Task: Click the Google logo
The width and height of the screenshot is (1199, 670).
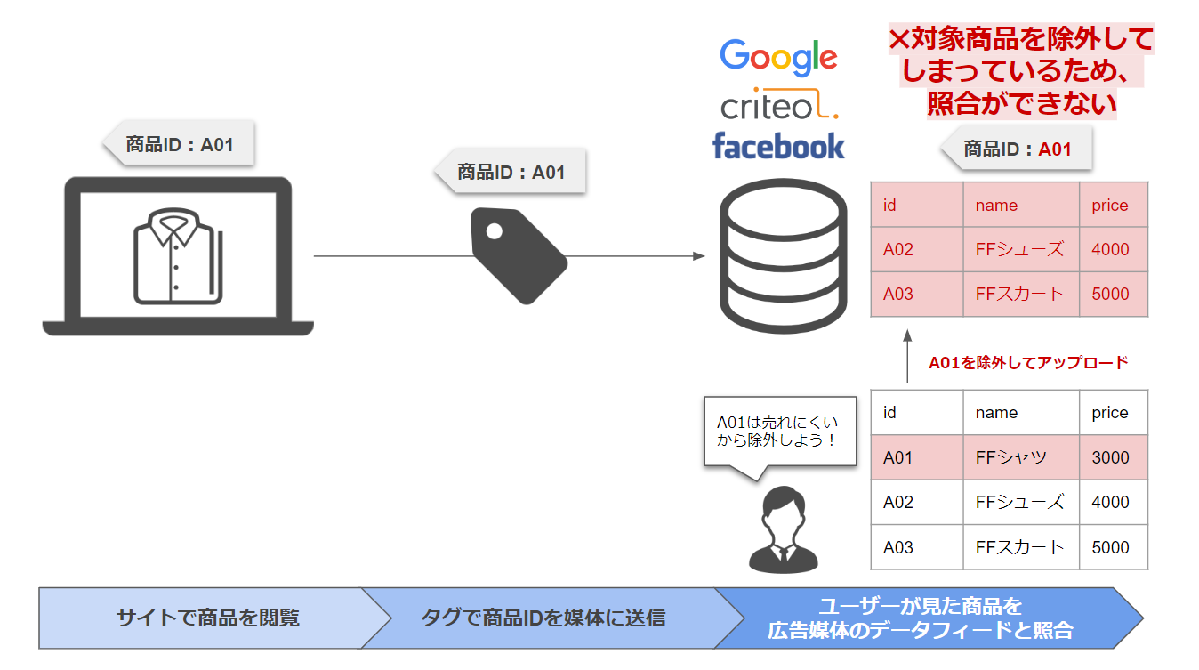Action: [778, 57]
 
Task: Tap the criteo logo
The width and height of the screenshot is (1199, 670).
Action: [779, 106]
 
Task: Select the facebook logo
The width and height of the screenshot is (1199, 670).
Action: [778, 145]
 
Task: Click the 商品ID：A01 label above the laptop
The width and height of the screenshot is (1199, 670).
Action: [180, 144]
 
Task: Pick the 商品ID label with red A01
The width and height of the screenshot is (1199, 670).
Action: [1018, 149]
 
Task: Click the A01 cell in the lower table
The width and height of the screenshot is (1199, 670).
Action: [916, 457]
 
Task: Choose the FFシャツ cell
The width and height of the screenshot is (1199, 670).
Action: [1020, 457]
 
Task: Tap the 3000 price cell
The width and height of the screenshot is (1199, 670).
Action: [1113, 457]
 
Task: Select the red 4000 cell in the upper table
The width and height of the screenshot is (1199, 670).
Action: [1113, 249]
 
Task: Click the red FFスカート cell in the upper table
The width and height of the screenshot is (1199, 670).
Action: [1020, 294]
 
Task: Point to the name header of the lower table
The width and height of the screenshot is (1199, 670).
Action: [1020, 413]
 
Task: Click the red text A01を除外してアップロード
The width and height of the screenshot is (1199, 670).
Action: [1027, 362]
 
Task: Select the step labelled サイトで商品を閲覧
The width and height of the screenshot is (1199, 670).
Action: [207, 618]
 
